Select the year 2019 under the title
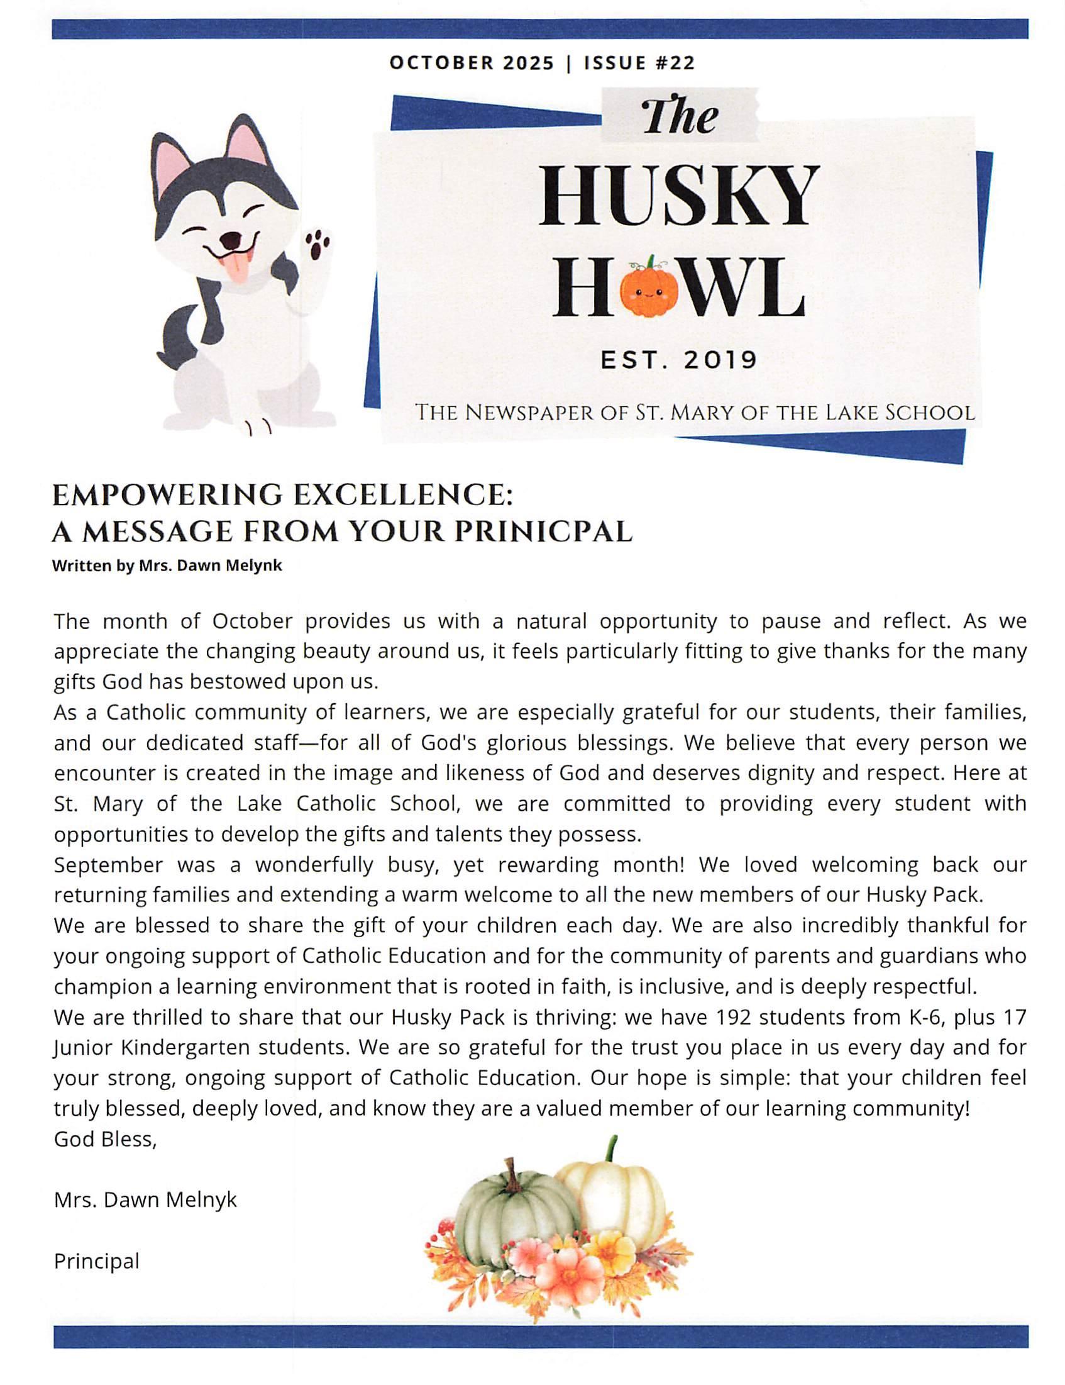720,360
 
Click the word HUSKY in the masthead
678,196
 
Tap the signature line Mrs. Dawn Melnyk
145,1200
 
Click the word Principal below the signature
96,1260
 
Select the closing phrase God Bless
104,1140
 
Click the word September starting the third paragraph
108,865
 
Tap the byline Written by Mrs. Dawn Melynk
167,565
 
